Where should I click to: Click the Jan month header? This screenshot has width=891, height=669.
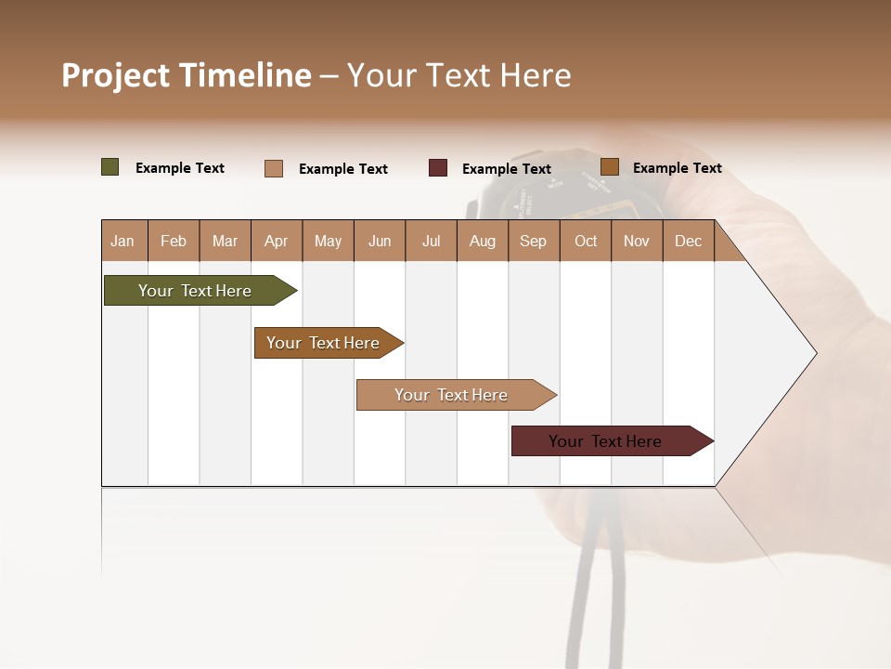pos(123,241)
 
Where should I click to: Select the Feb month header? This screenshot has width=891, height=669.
pos(174,241)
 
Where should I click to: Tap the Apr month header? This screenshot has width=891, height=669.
pos(276,241)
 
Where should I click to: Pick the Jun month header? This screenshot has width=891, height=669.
pos(380,241)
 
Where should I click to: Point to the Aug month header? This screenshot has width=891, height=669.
pos(482,241)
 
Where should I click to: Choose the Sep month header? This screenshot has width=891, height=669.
pos(533,241)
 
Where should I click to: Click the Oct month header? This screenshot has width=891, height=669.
pos(586,241)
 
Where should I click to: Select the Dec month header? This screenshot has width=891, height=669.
pos(688,241)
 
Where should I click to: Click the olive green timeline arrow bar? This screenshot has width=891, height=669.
pos(195,291)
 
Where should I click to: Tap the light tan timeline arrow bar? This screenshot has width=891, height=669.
pos(451,395)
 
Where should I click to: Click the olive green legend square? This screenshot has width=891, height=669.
pos(110,167)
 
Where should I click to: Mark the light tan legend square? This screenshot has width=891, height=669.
pos(274,168)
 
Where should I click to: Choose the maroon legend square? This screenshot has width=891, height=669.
pos(438,168)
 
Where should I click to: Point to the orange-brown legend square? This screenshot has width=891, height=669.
pos(610,167)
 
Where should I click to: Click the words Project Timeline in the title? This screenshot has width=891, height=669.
pos(187,75)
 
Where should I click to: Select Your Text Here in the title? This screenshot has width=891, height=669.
pos(458,75)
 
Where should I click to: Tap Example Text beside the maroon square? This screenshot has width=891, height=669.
pos(507,169)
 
